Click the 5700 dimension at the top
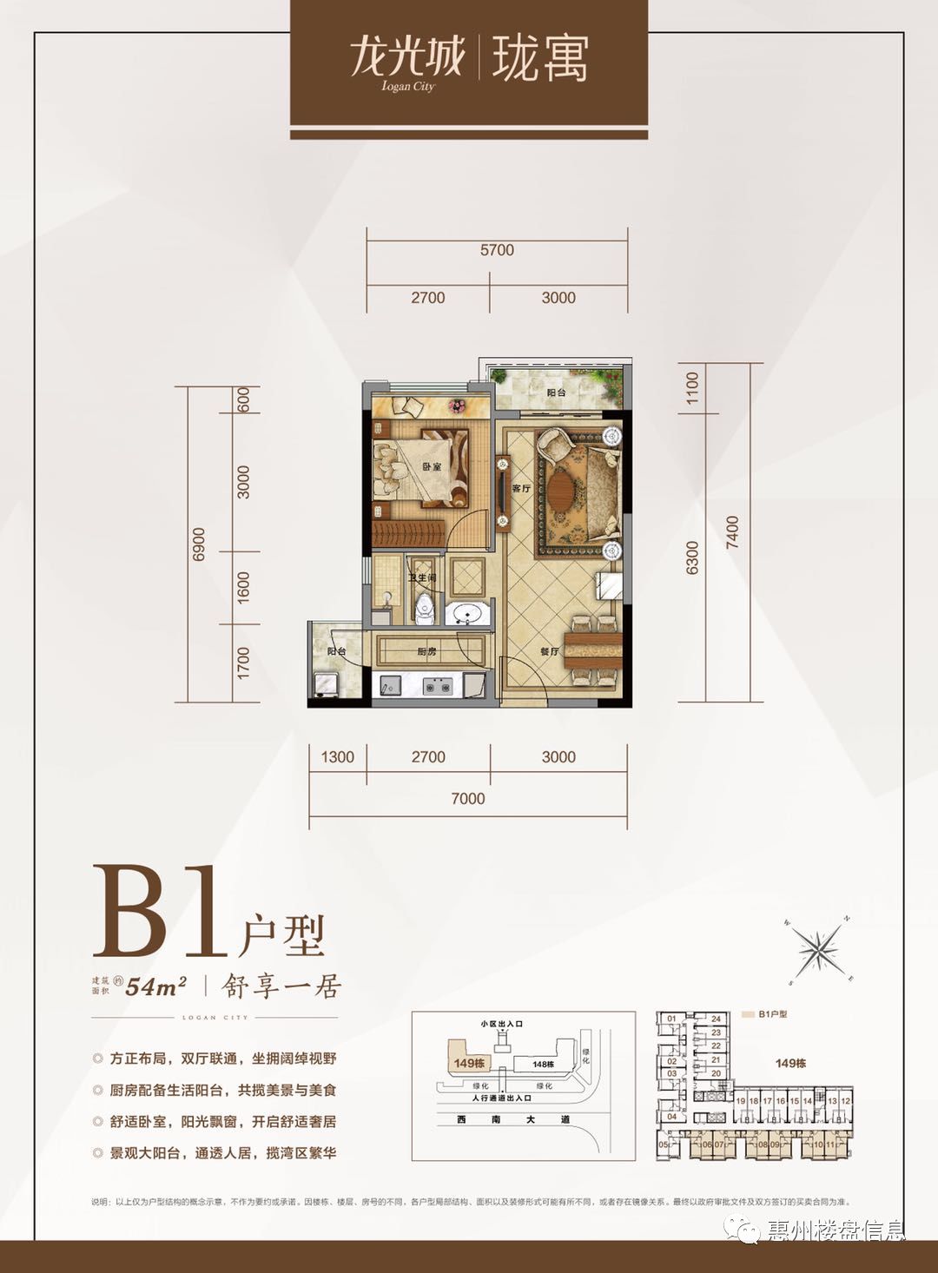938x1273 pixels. [x=497, y=250]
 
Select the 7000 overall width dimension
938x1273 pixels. [x=467, y=798]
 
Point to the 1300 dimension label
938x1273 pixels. [x=337, y=756]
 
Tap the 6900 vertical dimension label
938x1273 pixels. [x=199, y=544]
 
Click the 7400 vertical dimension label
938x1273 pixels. [x=733, y=531]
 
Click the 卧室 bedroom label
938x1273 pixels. [x=432, y=467]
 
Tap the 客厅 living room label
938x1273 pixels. [x=521, y=489]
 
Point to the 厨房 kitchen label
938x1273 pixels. [x=426, y=651]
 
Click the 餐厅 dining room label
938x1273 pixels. [x=549, y=651]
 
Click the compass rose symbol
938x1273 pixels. [x=820, y=951]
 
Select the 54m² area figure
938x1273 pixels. [x=157, y=986]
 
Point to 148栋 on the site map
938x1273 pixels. [x=544, y=1065]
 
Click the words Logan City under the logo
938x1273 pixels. [x=407, y=86]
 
